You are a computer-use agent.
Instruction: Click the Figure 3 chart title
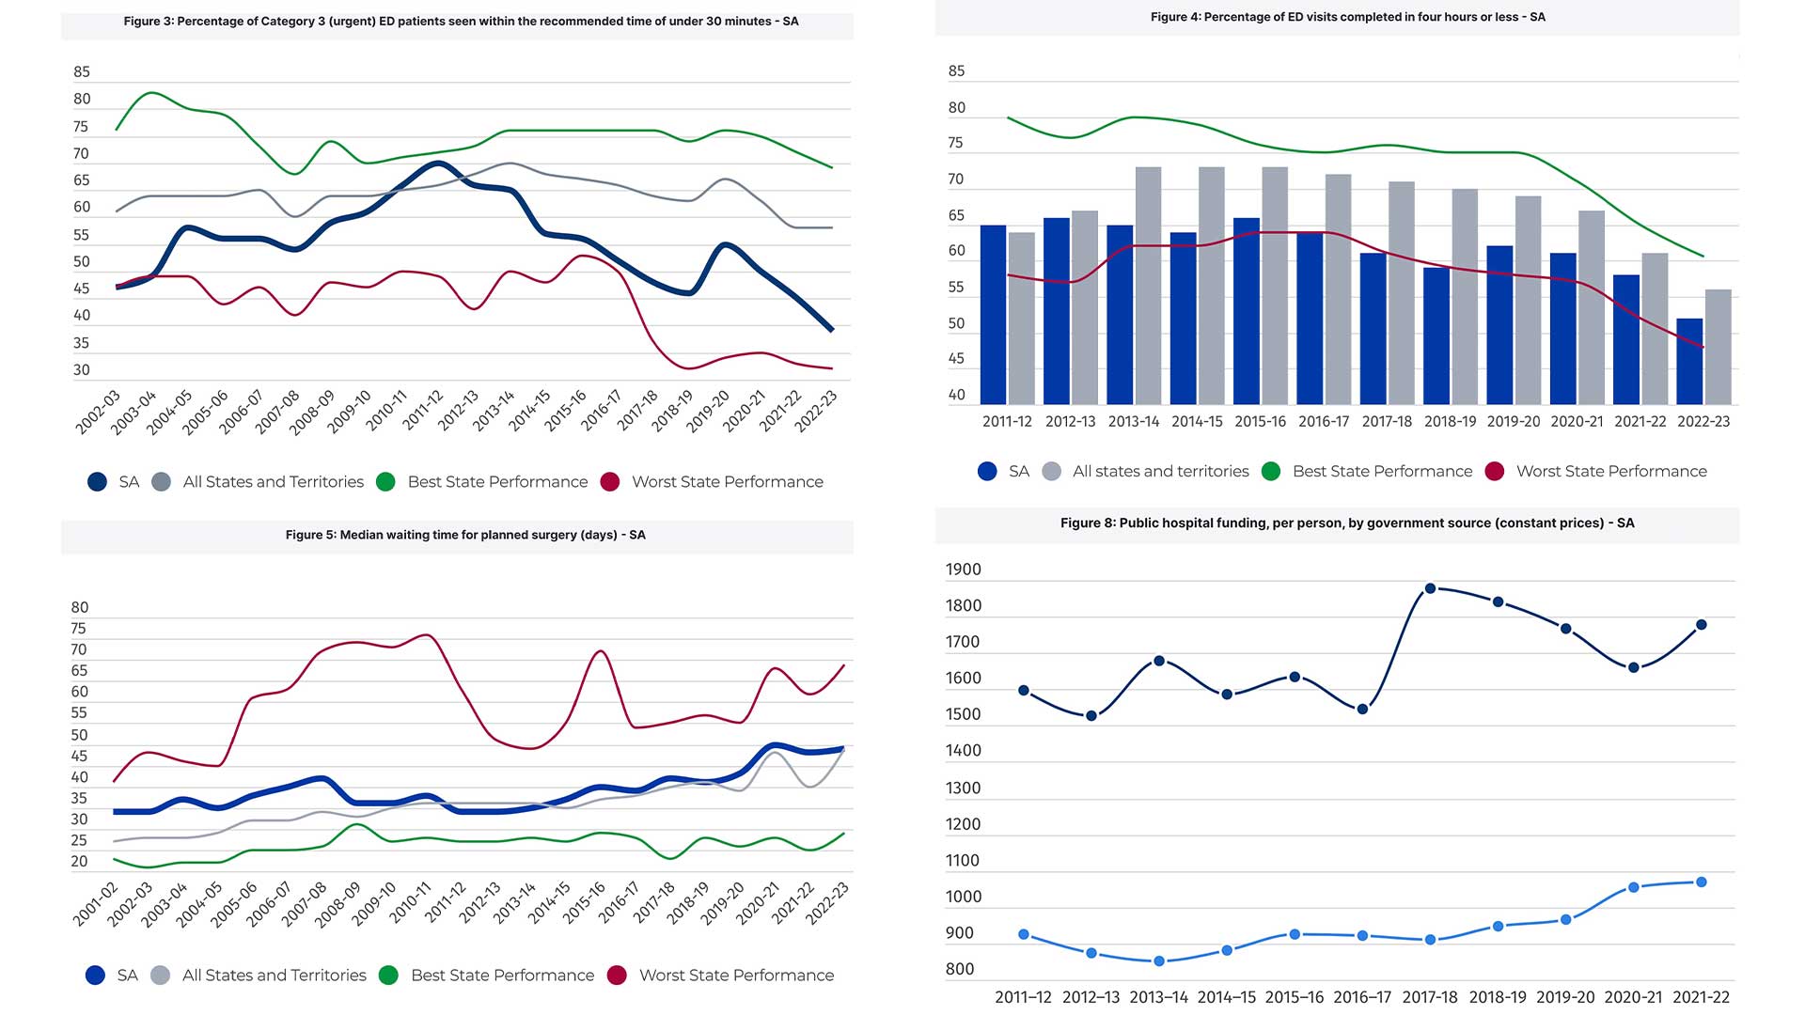pyautogui.click(x=461, y=21)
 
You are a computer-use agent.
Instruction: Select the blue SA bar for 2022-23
pyautogui.click(x=1689, y=362)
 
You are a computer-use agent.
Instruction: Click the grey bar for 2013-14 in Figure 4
pyautogui.click(x=1148, y=286)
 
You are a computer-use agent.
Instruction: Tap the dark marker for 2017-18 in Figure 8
pyautogui.click(x=1430, y=588)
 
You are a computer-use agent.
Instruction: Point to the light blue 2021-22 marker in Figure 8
pyautogui.click(x=1701, y=882)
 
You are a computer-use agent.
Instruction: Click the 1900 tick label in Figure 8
pyautogui.click(x=963, y=570)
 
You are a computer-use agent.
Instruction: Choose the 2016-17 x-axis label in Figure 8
pyautogui.click(x=1361, y=997)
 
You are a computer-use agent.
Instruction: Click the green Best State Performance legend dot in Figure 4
pyautogui.click(x=1271, y=472)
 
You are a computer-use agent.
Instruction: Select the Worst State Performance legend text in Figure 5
pyautogui.click(x=736, y=976)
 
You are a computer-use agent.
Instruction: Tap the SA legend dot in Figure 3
pyautogui.click(x=97, y=482)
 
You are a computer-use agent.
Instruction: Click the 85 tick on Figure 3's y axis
pyautogui.click(x=82, y=72)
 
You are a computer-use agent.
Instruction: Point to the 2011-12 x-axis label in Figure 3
pyautogui.click(x=423, y=411)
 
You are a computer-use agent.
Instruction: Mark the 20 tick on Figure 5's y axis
pyautogui.click(x=79, y=861)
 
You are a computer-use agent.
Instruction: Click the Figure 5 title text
pyautogui.click(x=465, y=535)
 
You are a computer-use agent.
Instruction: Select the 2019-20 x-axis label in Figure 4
pyautogui.click(x=1514, y=422)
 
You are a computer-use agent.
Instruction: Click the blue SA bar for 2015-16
pyautogui.click(x=1247, y=311)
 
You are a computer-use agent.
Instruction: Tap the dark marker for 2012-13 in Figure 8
pyautogui.click(x=1091, y=716)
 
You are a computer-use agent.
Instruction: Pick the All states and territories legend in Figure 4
pyautogui.click(x=1160, y=472)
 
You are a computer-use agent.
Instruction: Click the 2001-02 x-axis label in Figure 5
pyautogui.click(x=96, y=903)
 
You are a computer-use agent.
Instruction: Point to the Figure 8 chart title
pyautogui.click(x=1347, y=523)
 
